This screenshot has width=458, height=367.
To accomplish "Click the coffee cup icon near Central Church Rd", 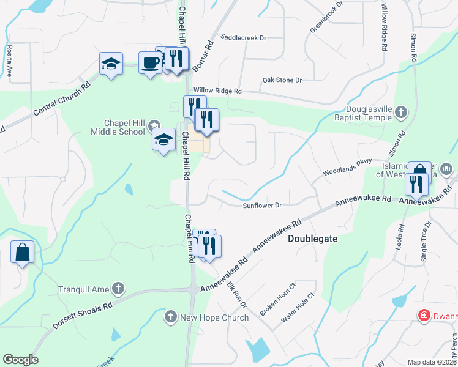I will (x=150, y=62).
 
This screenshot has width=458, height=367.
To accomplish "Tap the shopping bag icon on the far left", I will (x=22, y=251).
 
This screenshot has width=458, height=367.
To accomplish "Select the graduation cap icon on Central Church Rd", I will (x=111, y=64).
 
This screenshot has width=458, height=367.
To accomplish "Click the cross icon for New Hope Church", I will (x=171, y=317).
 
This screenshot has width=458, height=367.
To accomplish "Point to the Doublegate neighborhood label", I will (x=312, y=239).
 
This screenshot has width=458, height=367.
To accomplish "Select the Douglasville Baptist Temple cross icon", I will (x=400, y=112).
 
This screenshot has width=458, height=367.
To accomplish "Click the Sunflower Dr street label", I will (x=261, y=206).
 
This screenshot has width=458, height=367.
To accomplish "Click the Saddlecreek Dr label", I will (x=244, y=37).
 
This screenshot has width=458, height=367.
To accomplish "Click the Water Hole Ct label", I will (x=297, y=308).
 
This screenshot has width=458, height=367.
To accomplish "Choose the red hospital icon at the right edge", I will (x=423, y=316).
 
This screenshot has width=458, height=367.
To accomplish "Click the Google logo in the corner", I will (x=20, y=360).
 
